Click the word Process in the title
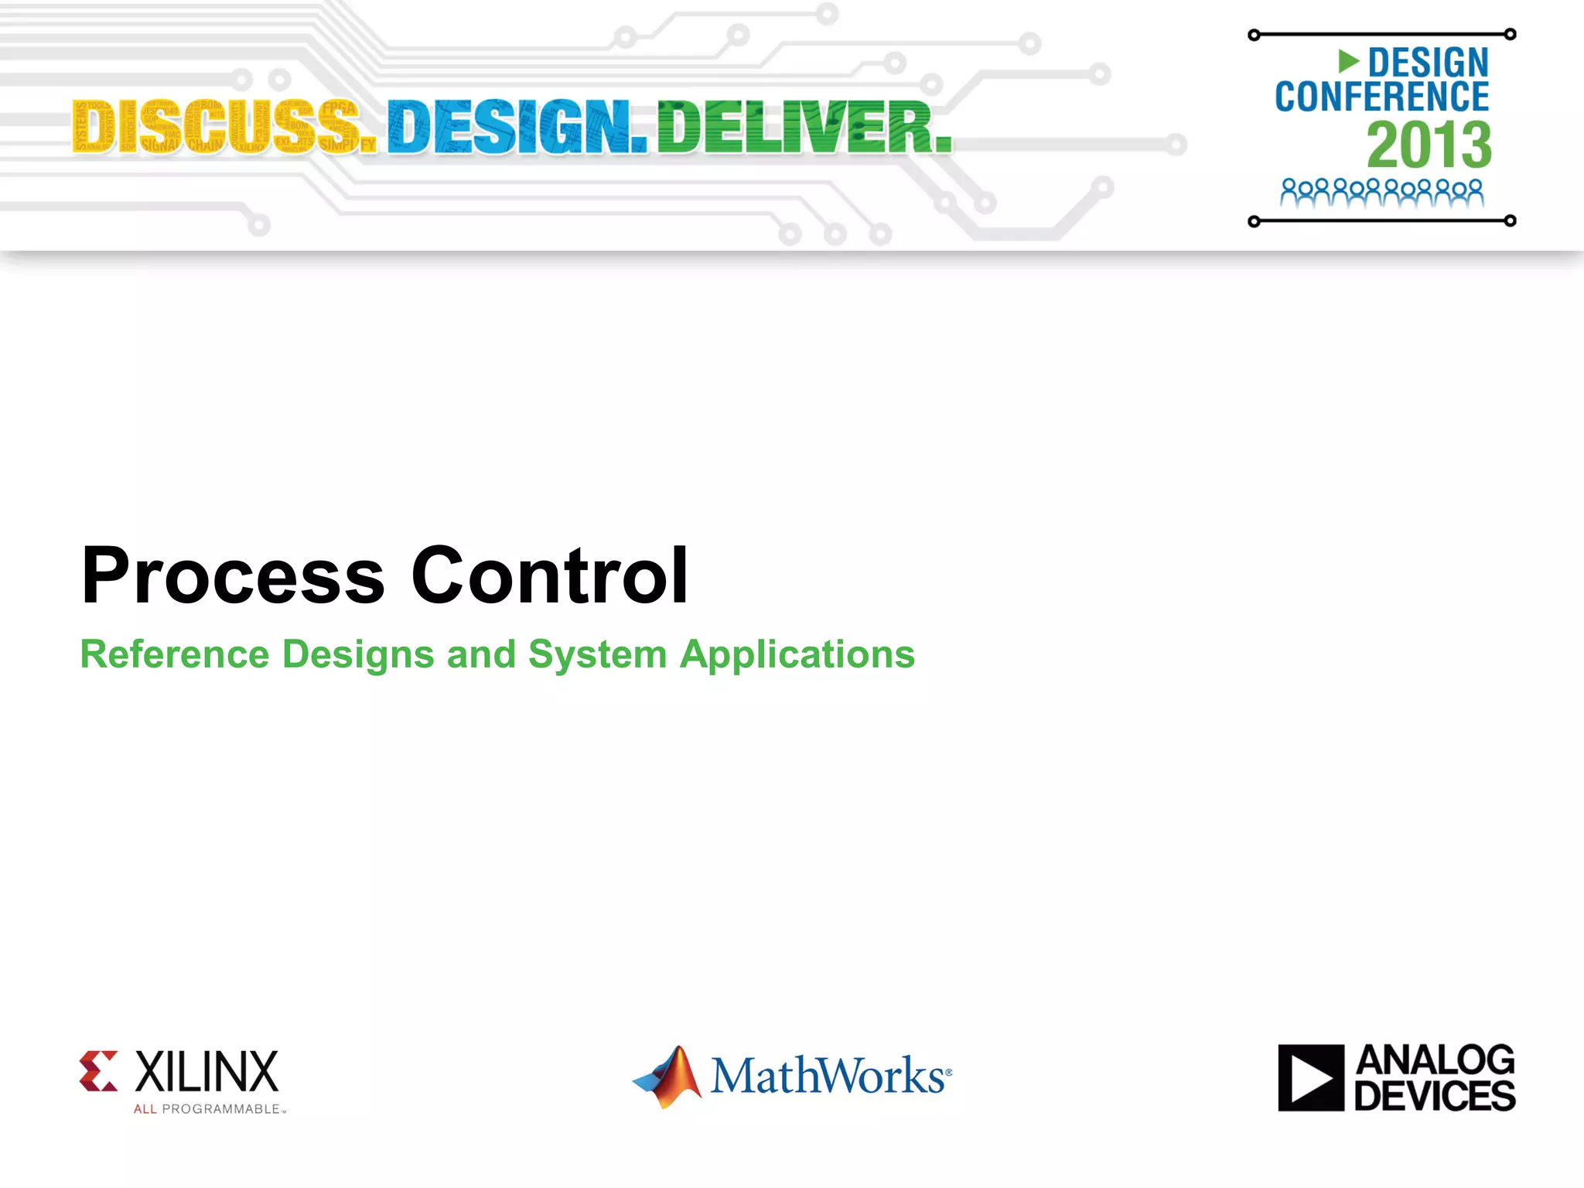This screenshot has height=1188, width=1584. [x=232, y=575]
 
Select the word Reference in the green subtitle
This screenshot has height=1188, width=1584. [x=175, y=654]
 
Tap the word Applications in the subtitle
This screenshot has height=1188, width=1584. [x=797, y=654]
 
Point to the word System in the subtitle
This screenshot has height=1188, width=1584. [x=597, y=654]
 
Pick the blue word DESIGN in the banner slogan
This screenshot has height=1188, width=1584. [x=517, y=127]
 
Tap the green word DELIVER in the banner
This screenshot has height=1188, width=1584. [x=804, y=127]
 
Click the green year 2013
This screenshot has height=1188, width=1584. [x=1429, y=145]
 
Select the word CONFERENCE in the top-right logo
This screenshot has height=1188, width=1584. [x=1381, y=97]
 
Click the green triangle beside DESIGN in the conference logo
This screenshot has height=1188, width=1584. [x=1348, y=60]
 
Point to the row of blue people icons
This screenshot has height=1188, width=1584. [x=1381, y=193]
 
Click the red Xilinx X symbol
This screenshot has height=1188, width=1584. [x=99, y=1071]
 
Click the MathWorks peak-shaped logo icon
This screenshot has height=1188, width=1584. [x=670, y=1076]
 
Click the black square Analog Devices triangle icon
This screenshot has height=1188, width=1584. [x=1311, y=1077]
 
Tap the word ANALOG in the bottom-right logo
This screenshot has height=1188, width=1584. [x=1435, y=1060]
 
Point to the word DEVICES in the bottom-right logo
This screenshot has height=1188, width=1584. [x=1435, y=1096]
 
